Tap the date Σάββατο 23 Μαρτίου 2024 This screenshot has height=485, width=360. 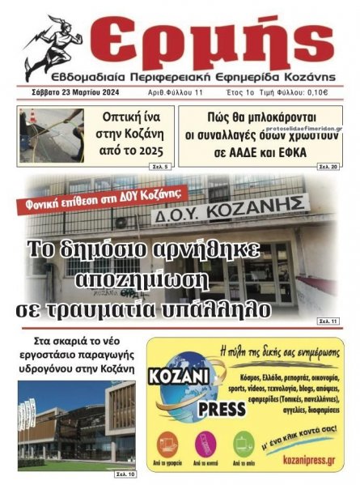tap(65, 92)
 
